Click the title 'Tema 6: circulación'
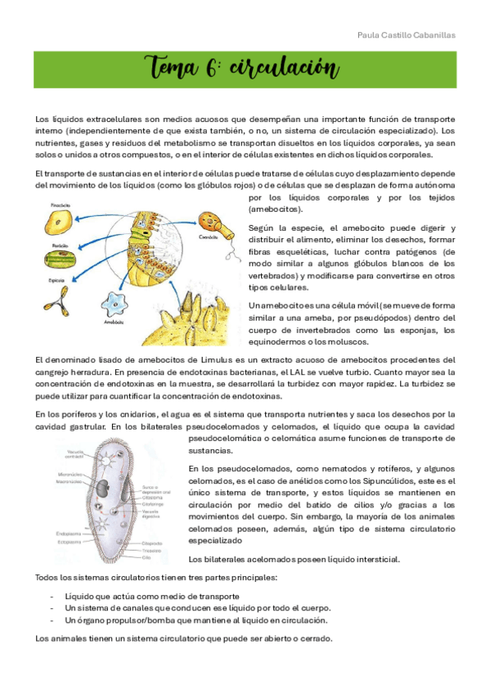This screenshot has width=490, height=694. click(x=244, y=68)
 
